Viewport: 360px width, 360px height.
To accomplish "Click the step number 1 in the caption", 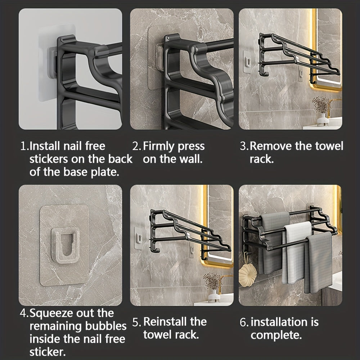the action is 24,146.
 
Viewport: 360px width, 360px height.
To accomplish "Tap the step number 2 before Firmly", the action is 136,146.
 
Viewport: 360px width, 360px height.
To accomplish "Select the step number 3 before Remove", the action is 244,146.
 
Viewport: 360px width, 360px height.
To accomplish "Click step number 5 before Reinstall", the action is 136,322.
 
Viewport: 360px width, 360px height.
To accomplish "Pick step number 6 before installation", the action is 244,322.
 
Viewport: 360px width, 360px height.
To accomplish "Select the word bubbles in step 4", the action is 106,326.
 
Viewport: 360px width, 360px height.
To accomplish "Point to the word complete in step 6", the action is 276,336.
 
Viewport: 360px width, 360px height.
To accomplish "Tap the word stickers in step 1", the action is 49,159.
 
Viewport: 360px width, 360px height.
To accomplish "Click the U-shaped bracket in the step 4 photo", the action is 66,246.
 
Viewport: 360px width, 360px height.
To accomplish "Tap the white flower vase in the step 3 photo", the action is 323,120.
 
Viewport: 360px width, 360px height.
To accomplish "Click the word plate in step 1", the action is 105,172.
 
